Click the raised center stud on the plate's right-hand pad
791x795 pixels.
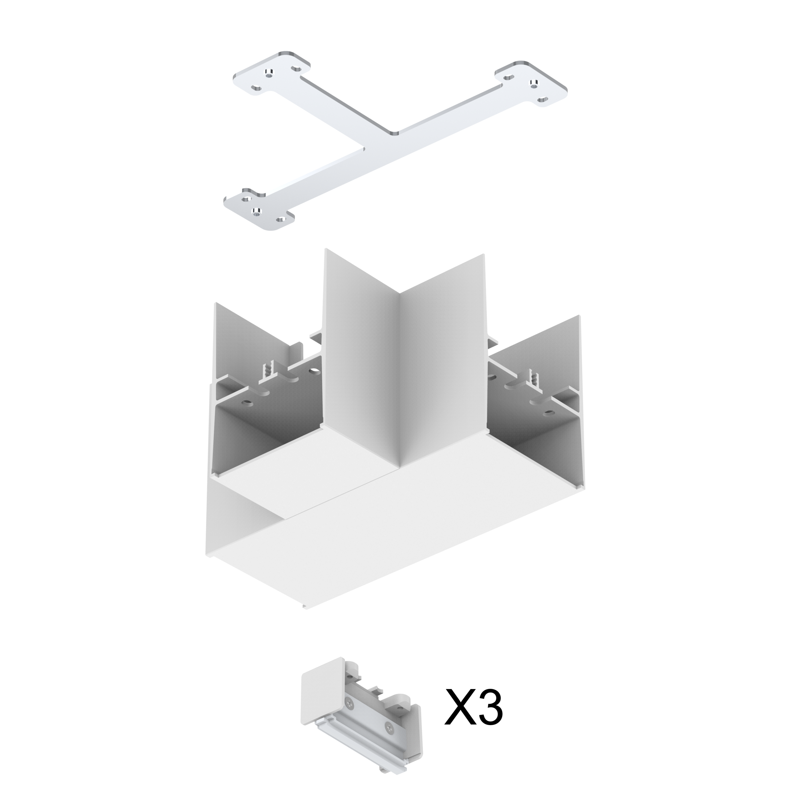pyautogui.click(x=534, y=85)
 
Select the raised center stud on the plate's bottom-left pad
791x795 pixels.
pyautogui.click(x=256, y=211)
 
